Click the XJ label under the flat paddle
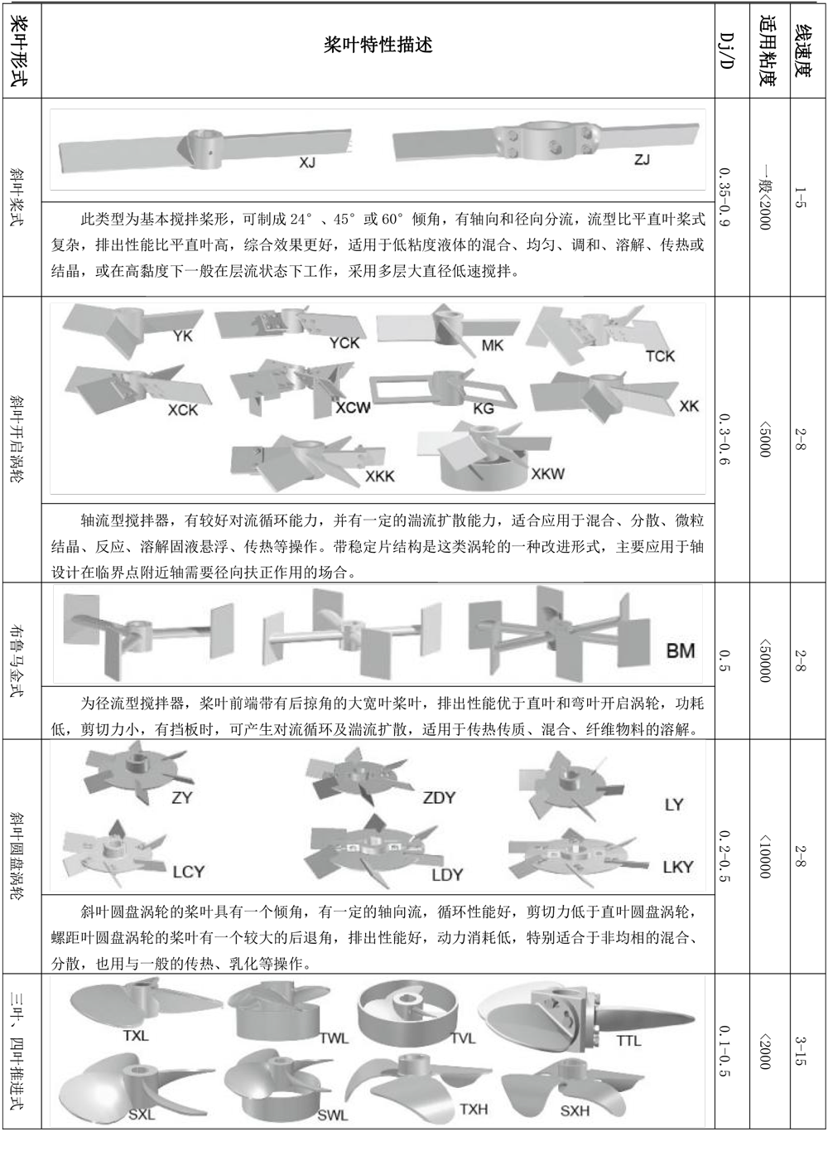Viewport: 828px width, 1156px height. tap(307, 163)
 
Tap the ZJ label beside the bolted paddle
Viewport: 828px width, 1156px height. tap(642, 159)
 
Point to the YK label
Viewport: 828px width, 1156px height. tap(183, 336)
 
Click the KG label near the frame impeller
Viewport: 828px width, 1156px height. tap(483, 408)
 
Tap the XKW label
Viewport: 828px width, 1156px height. tap(547, 474)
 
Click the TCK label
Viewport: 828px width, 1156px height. tap(660, 356)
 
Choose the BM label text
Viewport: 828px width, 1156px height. tap(681, 651)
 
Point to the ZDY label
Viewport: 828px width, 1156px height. tap(439, 798)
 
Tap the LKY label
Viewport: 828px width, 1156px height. tap(678, 867)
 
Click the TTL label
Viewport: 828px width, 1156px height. tap(628, 1041)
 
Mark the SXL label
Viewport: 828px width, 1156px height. tap(142, 1115)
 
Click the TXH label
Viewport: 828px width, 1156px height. tap(474, 1110)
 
